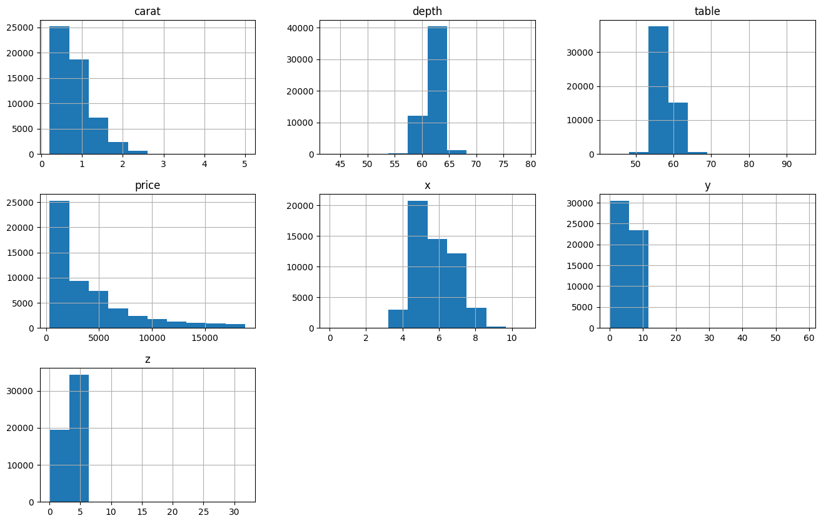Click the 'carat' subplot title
pyautogui.click(x=148, y=11)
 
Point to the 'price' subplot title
pyautogui.click(x=148, y=185)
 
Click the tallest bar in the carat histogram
pyautogui.click(x=59, y=90)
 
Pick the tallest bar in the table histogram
pyautogui.click(x=658, y=90)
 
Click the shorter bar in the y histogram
pyautogui.click(x=638, y=279)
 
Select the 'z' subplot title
pyautogui.click(x=148, y=359)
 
